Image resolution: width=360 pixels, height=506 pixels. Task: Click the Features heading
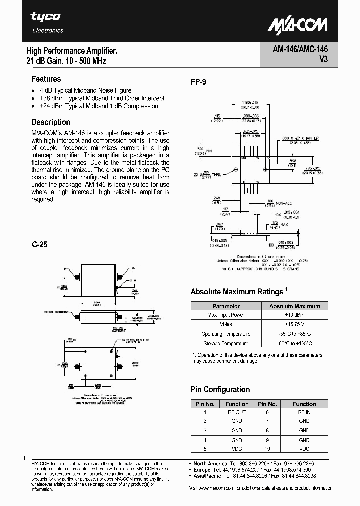tap(46, 79)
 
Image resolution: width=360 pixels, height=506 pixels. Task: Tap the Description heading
tap(51, 122)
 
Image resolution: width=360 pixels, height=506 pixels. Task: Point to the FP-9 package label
tap(198, 83)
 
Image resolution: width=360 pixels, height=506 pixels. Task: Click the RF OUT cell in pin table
tap(237, 412)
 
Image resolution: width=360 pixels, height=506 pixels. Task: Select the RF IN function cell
tap(304, 412)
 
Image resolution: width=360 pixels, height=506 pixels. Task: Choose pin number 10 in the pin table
tap(267, 449)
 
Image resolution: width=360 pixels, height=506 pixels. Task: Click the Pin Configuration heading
tap(220, 389)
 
